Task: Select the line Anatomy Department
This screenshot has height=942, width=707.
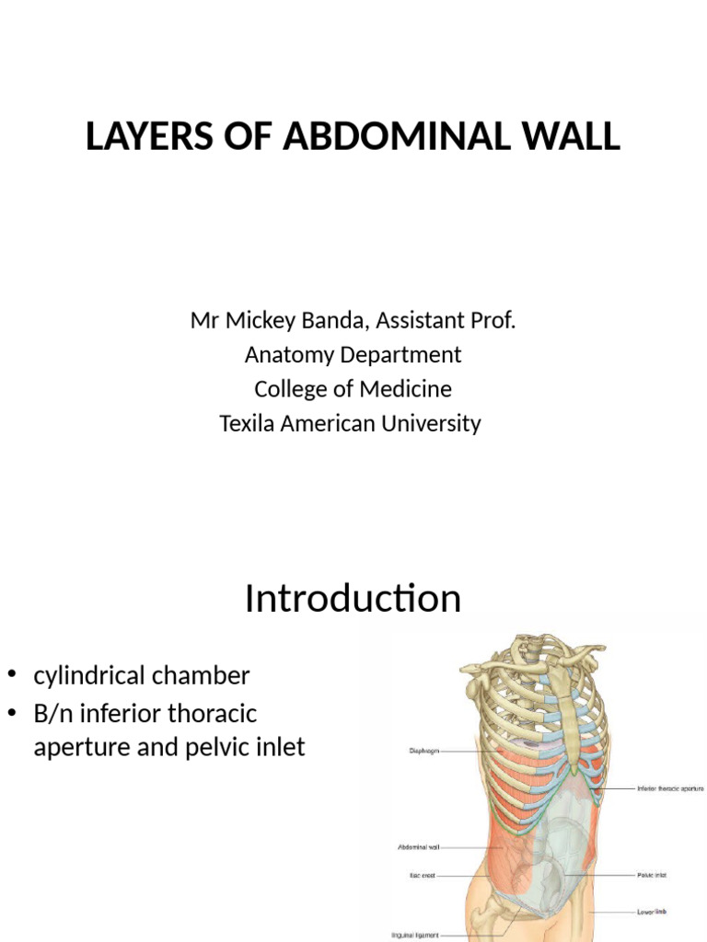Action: [353, 354]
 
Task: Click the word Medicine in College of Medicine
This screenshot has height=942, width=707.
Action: [408, 388]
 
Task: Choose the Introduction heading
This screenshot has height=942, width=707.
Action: [353, 599]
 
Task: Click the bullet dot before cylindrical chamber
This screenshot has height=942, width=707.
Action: [14, 675]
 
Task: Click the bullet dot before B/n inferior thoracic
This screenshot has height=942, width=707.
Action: [14, 713]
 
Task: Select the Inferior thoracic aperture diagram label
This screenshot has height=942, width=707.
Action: [669, 788]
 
